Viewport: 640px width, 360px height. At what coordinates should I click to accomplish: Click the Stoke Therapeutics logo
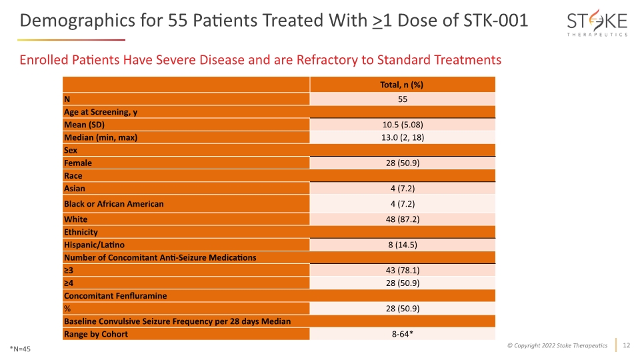click(597, 23)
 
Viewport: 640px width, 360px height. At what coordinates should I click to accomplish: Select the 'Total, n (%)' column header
click(401, 85)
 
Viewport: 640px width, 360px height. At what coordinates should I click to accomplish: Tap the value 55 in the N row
click(403, 99)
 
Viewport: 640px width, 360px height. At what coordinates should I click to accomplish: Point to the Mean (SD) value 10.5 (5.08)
click(403, 125)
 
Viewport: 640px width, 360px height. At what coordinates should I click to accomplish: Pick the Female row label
click(78, 163)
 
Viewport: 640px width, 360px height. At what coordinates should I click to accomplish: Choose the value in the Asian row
click(403, 189)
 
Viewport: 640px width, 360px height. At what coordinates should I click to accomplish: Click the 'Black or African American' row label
click(114, 204)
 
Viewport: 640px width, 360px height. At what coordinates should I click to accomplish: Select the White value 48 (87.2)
click(403, 219)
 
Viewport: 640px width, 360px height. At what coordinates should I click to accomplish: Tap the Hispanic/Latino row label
click(94, 245)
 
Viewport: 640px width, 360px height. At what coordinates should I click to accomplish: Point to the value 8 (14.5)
click(403, 245)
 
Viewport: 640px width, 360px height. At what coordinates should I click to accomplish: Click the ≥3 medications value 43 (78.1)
click(403, 270)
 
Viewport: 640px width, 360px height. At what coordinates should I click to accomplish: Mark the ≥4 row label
click(69, 283)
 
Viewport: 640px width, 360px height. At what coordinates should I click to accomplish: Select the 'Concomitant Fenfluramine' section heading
click(115, 296)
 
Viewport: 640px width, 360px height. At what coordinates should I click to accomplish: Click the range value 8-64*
click(403, 334)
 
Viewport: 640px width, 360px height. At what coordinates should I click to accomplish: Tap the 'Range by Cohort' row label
click(96, 334)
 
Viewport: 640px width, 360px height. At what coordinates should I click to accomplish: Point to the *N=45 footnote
click(21, 349)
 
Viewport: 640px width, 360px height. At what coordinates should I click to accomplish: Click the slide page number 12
click(626, 345)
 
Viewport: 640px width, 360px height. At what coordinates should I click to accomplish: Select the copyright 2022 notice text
click(557, 346)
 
